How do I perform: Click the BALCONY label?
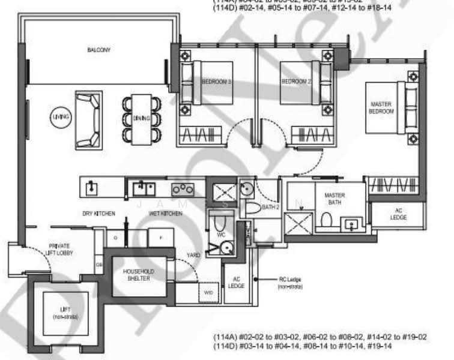(x=98, y=50)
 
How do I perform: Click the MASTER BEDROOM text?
(x=381, y=108)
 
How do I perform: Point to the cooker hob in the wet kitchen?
(x=183, y=189)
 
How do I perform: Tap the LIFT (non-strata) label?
(x=65, y=313)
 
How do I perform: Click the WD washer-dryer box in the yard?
(x=209, y=293)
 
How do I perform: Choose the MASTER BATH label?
(x=334, y=199)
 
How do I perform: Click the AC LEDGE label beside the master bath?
(x=398, y=214)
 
